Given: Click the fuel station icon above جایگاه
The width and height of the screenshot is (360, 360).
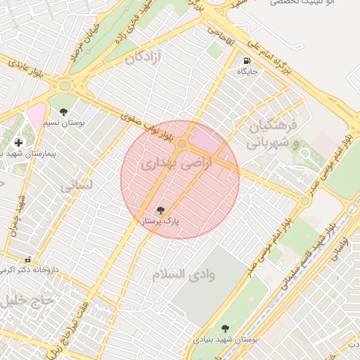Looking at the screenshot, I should pyautogui.click(x=247, y=60).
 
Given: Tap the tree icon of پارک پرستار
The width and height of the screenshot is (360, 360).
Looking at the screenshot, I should pyautogui.click(x=160, y=210).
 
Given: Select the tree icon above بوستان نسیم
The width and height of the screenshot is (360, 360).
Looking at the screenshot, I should pyautogui.click(x=64, y=112).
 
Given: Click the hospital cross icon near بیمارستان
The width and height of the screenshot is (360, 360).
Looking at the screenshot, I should pyautogui.click(x=18, y=143).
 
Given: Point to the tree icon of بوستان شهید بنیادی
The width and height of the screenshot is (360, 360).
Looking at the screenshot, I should pyautogui.click(x=225, y=328).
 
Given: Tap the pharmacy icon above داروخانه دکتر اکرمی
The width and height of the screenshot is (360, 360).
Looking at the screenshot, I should pyautogui.click(x=27, y=259).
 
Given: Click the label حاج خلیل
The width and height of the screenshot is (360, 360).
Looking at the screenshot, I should pyautogui.click(x=21, y=300).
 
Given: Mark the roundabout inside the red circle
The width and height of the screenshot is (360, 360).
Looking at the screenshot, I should pyautogui.click(x=182, y=144).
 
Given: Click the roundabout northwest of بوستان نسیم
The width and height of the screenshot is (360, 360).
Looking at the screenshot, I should pyautogui.click(x=65, y=86).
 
